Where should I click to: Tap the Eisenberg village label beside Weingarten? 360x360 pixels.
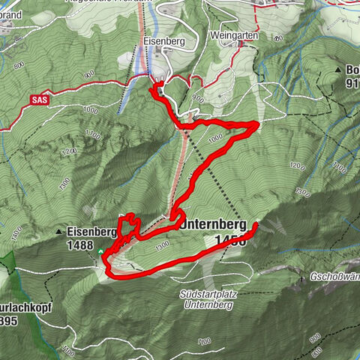click(x=159, y=42)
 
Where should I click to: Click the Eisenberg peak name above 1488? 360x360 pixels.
click(x=89, y=232)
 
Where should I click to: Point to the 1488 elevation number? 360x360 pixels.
click(x=79, y=244)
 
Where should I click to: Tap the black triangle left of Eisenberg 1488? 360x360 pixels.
click(x=59, y=232)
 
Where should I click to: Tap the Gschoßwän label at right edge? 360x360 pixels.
click(x=334, y=276)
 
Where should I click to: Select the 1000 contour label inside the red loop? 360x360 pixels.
click(x=215, y=139)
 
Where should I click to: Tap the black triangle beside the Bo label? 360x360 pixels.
click(x=338, y=70)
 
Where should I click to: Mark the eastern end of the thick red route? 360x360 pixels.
click(x=255, y=224)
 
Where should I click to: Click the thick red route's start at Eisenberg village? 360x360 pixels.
click(x=155, y=88)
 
